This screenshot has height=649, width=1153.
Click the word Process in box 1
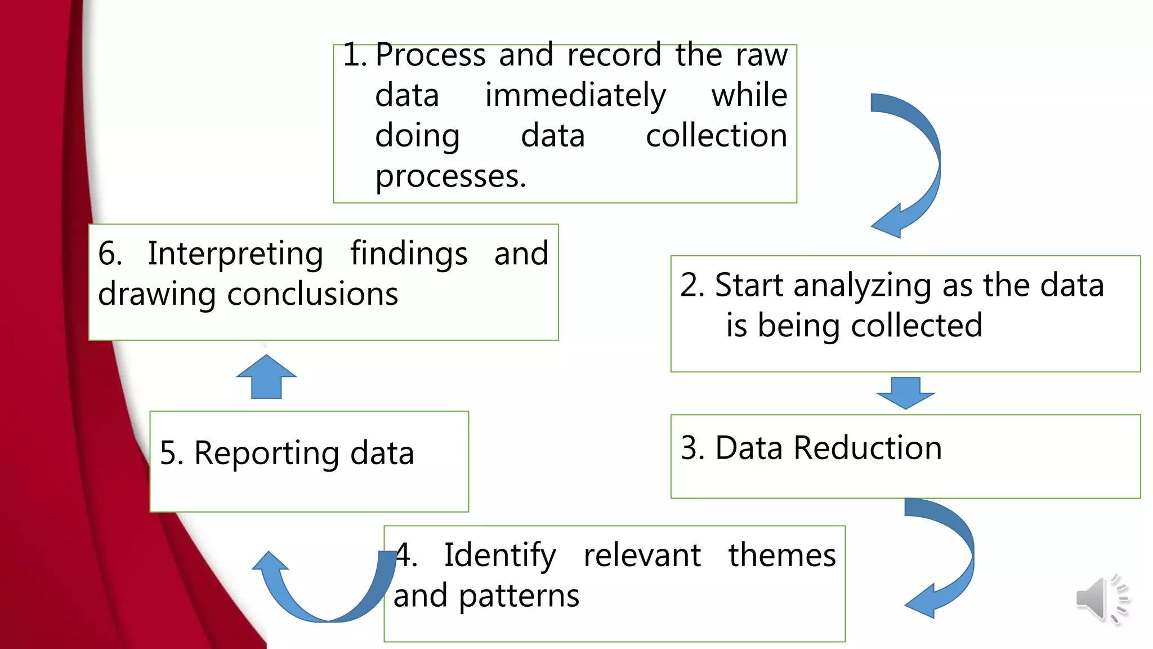click(430, 55)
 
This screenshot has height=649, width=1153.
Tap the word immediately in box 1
click(575, 95)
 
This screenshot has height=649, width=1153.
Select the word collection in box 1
click(716, 136)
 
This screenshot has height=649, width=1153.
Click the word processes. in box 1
click(450, 177)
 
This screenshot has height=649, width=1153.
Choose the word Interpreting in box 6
click(235, 254)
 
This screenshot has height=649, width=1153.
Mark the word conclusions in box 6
click(312, 294)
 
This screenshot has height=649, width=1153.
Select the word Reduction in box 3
click(867, 448)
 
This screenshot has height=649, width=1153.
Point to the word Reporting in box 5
click(266, 453)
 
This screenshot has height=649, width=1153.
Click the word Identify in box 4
click(499, 555)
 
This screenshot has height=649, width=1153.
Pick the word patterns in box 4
click(519, 596)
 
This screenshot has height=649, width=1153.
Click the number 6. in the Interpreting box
click(110, 254)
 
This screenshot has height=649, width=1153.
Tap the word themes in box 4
click(781, 555)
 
